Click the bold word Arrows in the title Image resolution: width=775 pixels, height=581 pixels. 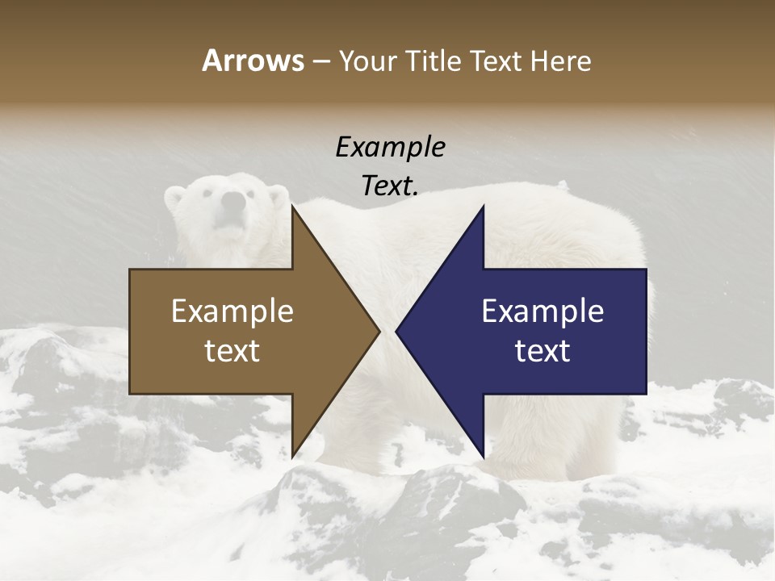253,61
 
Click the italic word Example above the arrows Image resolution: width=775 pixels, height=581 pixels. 390,148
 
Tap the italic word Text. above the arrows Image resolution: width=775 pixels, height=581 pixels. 390,186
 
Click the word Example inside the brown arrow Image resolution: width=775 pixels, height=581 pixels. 232,311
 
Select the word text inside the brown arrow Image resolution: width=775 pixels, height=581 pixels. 232,350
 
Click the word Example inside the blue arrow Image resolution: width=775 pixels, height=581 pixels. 542,311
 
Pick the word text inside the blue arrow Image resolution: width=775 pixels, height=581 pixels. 542,350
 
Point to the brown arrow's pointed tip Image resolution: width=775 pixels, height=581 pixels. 379,332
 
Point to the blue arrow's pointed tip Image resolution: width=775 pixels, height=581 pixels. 396,332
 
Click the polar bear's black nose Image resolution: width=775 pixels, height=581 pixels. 232,200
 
